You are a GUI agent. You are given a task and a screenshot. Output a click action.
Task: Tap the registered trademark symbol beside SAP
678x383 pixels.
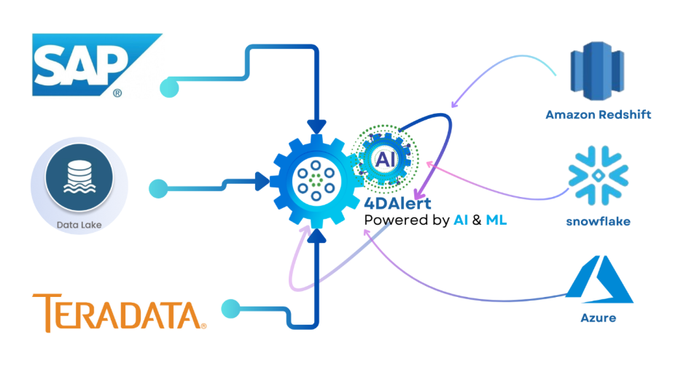point(117,93)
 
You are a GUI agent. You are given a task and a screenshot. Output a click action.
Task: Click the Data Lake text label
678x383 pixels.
point(79,225)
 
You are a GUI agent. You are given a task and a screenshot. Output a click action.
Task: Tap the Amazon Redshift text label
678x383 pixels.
point(598,115)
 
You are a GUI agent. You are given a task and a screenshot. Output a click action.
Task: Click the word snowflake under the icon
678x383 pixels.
point(598,220)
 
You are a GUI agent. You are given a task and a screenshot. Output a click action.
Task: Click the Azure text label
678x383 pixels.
point(598,317)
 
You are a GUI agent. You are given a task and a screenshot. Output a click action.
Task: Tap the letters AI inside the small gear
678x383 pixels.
point(385,158)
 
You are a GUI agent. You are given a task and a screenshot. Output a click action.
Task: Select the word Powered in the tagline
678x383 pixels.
point(394,220)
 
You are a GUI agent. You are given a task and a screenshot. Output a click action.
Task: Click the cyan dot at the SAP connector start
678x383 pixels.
point(169,88)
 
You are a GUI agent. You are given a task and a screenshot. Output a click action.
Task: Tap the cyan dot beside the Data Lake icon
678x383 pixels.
point(158,189)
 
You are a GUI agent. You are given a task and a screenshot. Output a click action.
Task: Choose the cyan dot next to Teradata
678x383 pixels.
point(231,308)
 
